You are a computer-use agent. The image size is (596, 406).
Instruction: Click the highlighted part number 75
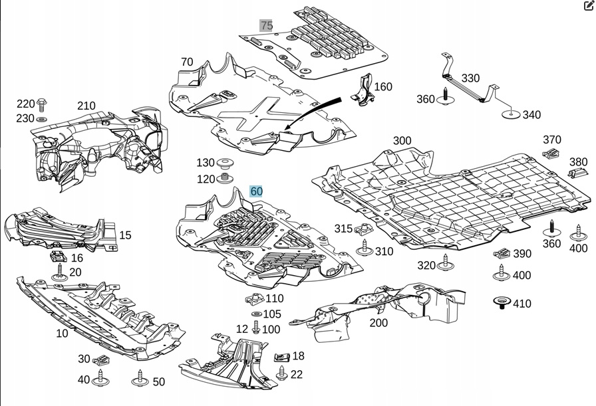pos(266,26)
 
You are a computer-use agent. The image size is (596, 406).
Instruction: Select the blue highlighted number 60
pos(256,191)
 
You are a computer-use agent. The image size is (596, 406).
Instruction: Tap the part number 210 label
pos(86,106)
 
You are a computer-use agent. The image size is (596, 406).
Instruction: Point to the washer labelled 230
pos(43,119)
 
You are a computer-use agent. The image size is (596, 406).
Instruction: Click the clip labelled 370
pos(550,154)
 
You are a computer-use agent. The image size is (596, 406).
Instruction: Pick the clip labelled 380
pos(575,173)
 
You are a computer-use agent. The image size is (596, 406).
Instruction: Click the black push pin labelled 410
pos(502,304)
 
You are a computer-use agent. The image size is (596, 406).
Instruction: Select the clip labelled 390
pos(503,254)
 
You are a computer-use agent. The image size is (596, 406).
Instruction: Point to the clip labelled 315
pos(363,230)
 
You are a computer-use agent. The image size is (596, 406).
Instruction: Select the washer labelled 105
pos(257,314)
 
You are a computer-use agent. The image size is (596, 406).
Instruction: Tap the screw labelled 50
pos(140,380)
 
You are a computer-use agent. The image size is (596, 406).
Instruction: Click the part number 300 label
pos(402,141)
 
